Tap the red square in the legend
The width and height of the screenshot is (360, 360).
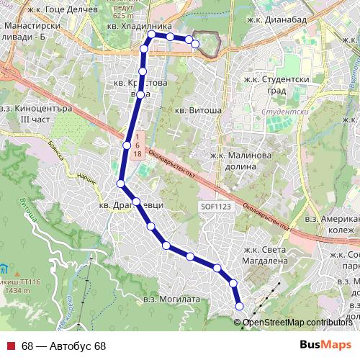(12, 346)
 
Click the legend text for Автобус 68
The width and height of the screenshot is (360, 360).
(63, 346)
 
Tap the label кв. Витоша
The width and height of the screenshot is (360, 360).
(198, 111)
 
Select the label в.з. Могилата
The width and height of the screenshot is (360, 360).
(170, 298)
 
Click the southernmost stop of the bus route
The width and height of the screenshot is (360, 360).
(240, 307)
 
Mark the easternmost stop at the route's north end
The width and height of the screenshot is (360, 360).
(195, 44)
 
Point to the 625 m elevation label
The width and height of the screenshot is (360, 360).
(123, 15)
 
